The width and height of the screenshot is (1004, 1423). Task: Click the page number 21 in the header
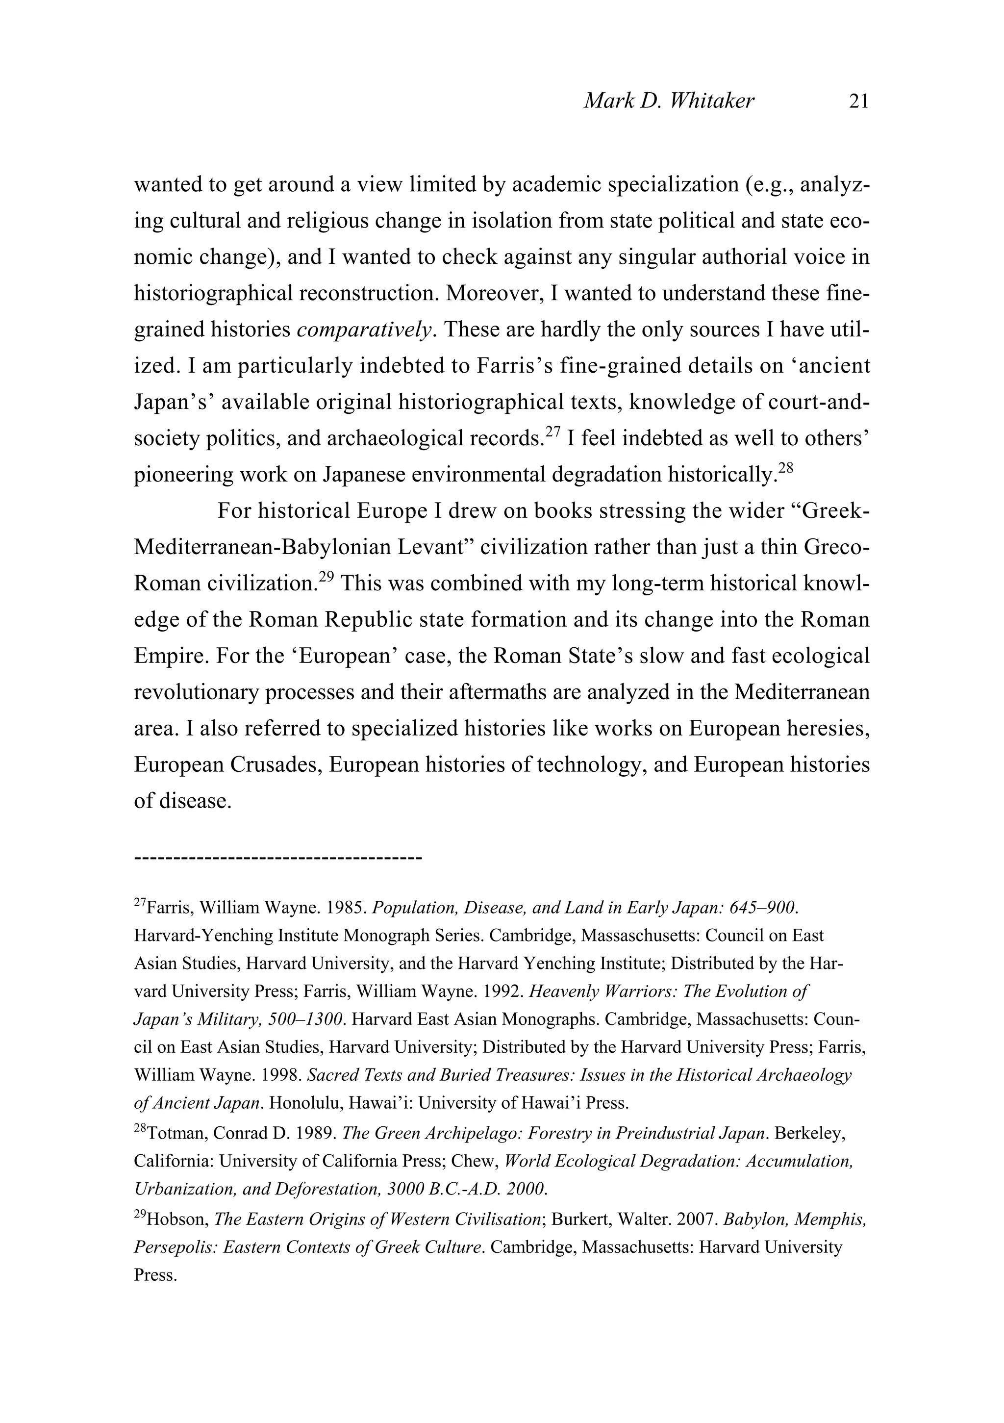click(858, 101)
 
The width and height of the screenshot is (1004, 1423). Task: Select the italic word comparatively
click(364, 330)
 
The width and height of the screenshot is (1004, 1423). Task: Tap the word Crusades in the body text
click(275, 765)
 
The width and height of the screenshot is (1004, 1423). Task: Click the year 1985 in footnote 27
click(347, 909)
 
